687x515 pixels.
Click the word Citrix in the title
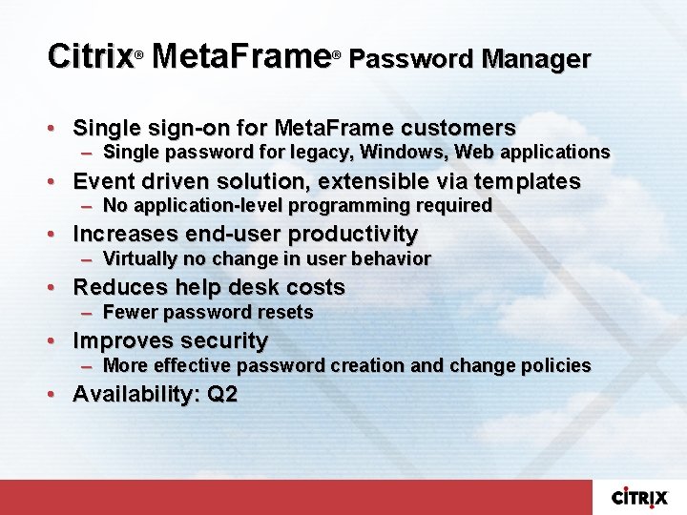[90, 56]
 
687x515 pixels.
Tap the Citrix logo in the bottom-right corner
[639, 497]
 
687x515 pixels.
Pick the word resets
[285, 312]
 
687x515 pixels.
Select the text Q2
[221, 394]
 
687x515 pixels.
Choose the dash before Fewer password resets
[87, 313]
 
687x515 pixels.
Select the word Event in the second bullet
[100, 181]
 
